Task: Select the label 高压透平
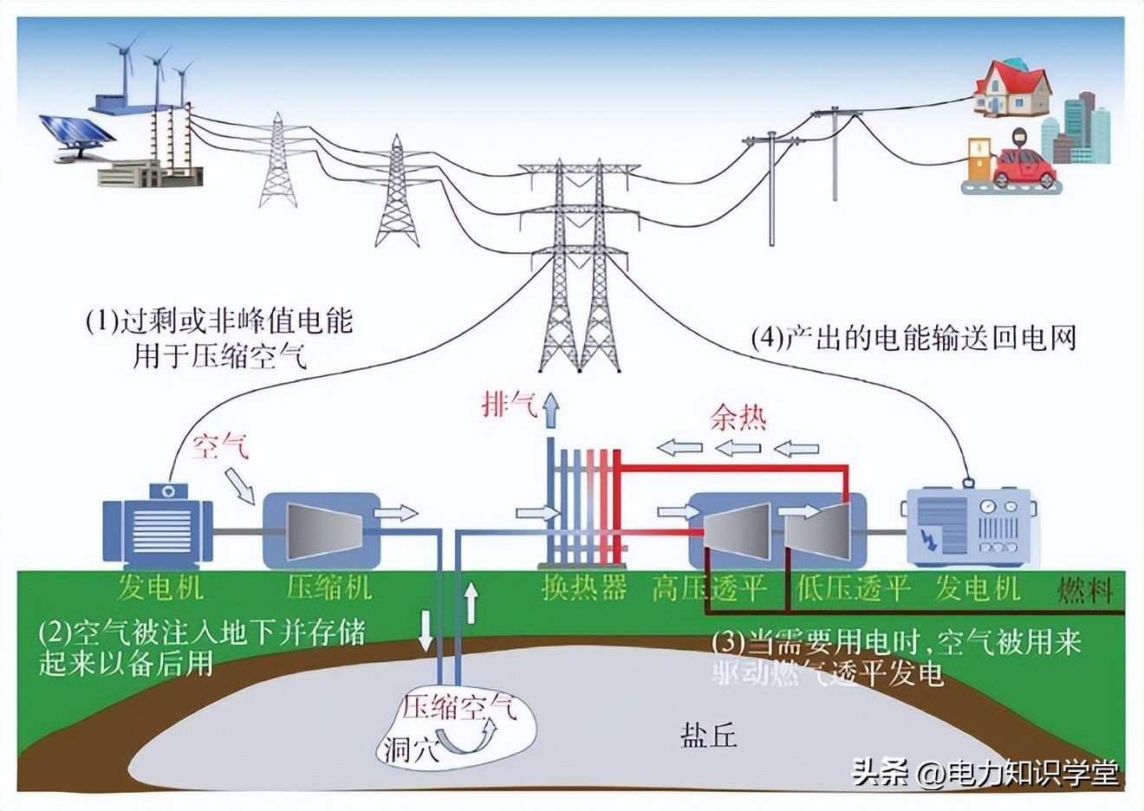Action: (710, 588)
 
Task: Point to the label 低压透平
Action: (853, 588)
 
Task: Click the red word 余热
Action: (738, 418)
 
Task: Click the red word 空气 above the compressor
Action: (220, 447)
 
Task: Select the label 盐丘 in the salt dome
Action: (708, 736)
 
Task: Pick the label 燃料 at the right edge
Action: (1084, 591)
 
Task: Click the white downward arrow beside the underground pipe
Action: (426, 632)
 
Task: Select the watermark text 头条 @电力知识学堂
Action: (985, 772)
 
